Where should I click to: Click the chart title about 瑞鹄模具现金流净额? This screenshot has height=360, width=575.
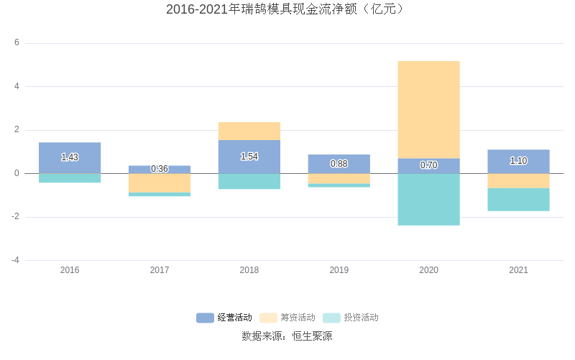coord(287,9)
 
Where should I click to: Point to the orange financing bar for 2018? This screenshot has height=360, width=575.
coord(249,131)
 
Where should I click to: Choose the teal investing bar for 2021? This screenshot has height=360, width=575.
coord(518,200)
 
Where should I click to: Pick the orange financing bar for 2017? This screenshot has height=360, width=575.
coord(160,183)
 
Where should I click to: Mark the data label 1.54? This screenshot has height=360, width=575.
coord(249,157)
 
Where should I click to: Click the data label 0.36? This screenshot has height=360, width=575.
coord(160,169)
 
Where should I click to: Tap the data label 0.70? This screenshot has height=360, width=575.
coord(428,165)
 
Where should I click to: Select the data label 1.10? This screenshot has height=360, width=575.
coord(518,161)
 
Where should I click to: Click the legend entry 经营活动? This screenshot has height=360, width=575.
coord(225,318)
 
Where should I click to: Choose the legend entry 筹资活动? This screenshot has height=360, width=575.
coord(288,318)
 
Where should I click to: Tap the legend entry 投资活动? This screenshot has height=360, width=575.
coord(351,318)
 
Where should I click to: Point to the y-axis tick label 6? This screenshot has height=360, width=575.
coord(17,43)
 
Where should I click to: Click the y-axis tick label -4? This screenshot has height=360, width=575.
coord(15,260)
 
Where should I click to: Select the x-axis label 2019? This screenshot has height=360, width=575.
coord(339,270)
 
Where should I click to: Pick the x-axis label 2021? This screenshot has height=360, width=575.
coord(518,270)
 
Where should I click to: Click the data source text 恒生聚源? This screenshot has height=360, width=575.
coord(312,336)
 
